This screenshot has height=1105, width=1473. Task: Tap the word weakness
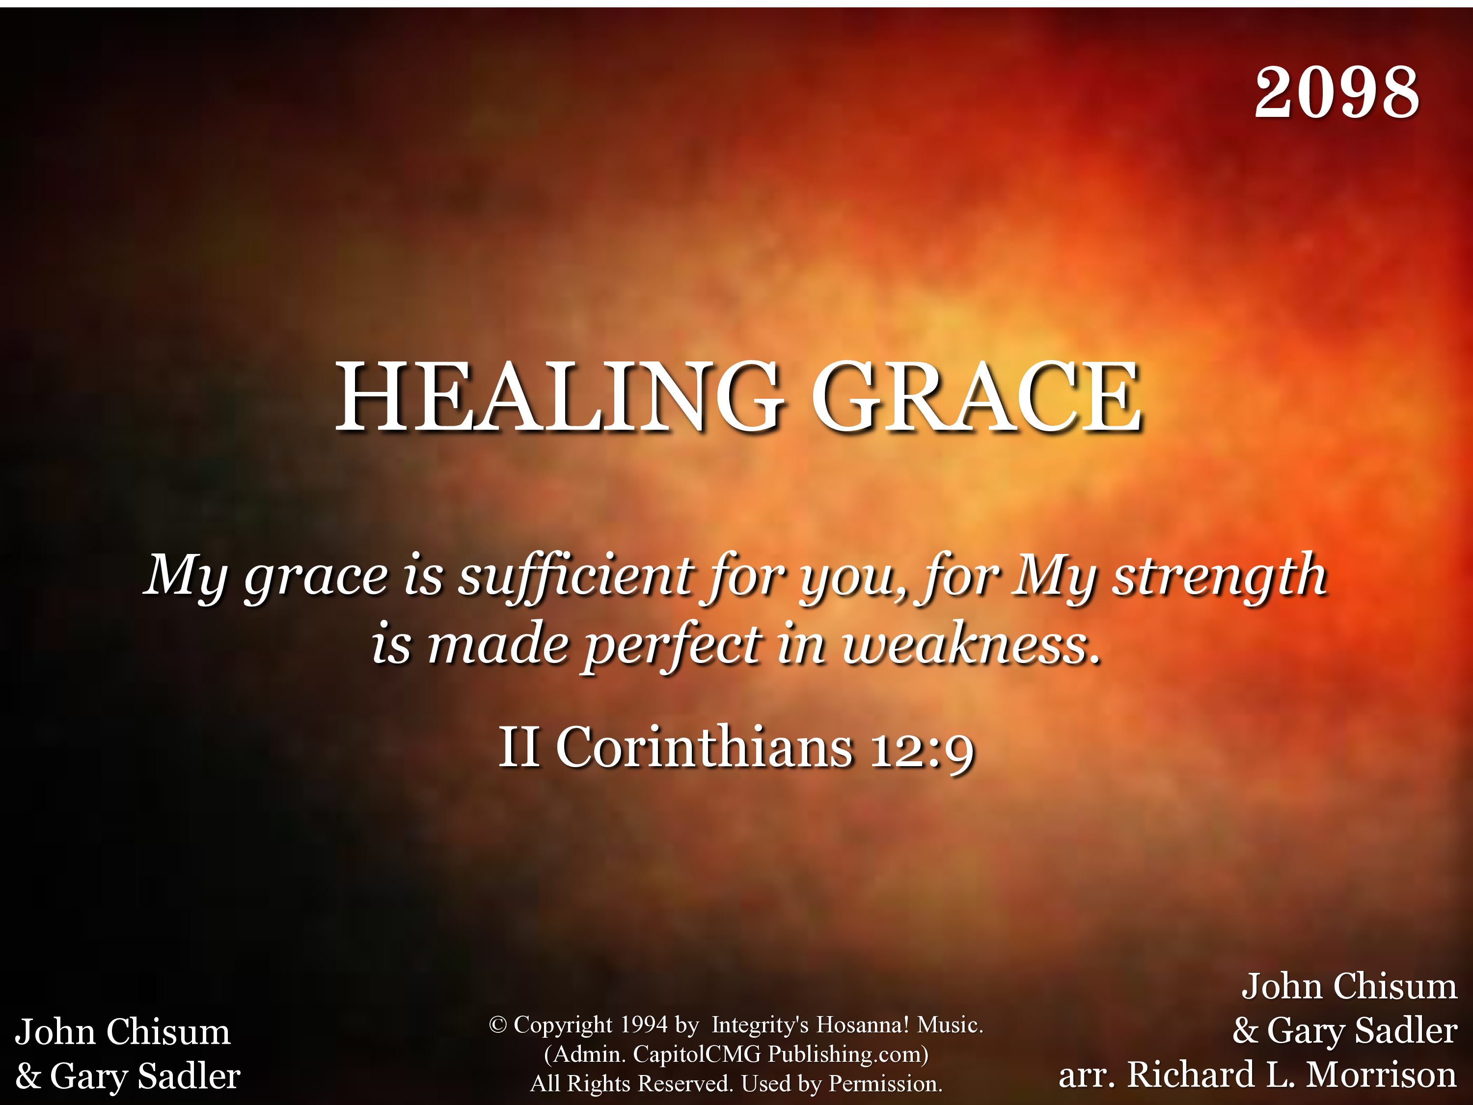pyautogui.click(x=971, y=645)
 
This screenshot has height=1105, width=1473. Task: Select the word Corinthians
pyautogui.click(x=704, y=746)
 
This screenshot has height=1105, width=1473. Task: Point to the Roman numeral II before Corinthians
pyautogui.click(x=519, y=746)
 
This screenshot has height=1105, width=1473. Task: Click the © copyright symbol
pyautogui.click(x=497, y=1024)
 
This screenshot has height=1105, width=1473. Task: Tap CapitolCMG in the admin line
pyautogui.click(x=697, y=1054)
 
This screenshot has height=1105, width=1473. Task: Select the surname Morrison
pyautogui.click(x=1381, y=1075)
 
